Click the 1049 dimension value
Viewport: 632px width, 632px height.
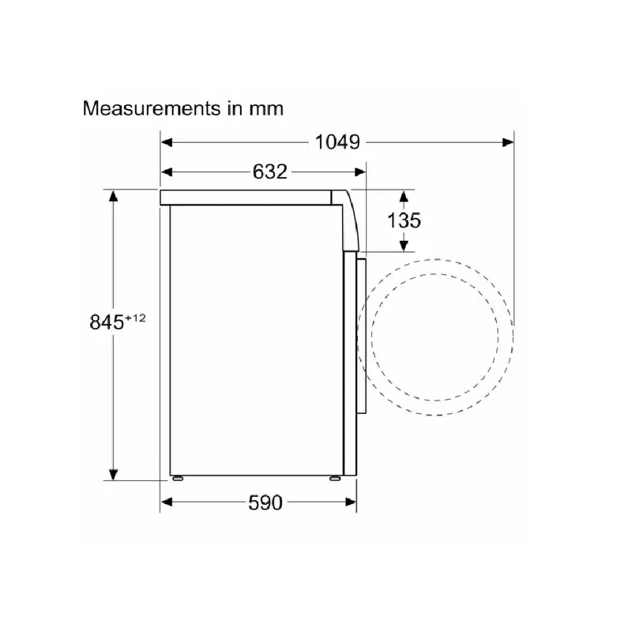pos(337,142)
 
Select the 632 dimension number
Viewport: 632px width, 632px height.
pos(269,172)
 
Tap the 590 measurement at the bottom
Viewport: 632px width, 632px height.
pos(265,502)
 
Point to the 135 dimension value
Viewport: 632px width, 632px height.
pos(404,220)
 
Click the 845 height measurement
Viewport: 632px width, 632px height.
pos(107,322)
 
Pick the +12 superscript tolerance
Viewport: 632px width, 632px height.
pos(135,318)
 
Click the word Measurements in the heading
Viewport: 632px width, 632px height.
pos(152,108)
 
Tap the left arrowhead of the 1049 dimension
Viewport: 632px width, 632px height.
pos(167,142)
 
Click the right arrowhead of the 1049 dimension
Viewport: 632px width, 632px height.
pos(508,142)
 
